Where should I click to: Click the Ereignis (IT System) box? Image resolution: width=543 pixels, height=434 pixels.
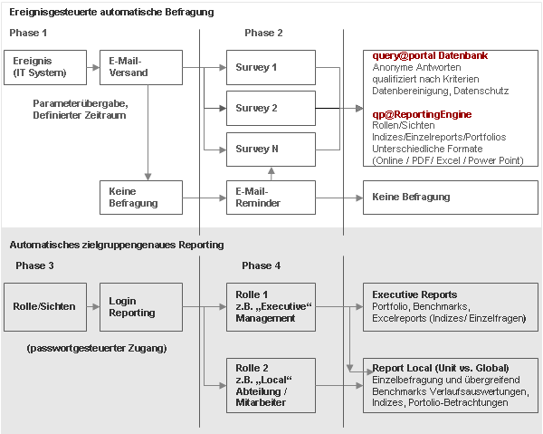[45, 67]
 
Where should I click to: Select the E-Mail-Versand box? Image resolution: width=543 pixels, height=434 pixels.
[141, 67]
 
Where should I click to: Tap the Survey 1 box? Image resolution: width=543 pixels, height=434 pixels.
[271, 67]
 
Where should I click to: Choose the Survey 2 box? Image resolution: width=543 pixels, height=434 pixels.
[271, 108]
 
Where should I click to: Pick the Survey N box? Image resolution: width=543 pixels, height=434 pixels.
[271, 149]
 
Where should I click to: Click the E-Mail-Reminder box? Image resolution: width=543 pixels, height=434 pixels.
[271, 198]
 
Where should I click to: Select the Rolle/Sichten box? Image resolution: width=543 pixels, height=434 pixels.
[45, 307]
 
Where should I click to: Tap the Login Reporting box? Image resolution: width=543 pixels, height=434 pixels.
[141, 307]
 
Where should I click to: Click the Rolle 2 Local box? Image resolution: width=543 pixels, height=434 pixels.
[271, 385]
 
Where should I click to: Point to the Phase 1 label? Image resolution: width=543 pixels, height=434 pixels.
[28, 33]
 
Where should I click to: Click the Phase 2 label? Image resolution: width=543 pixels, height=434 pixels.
[263, 33]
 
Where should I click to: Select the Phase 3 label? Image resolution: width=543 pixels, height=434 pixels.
[34, 265]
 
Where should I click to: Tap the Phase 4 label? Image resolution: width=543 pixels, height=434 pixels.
[262, 265]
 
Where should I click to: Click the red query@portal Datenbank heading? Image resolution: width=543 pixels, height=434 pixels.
[430, 55]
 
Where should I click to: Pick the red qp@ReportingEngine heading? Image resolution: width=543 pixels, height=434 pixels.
[422, 114]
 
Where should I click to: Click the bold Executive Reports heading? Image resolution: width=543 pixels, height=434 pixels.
[414, 294]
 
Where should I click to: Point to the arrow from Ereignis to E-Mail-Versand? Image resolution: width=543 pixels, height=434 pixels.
[93, 68]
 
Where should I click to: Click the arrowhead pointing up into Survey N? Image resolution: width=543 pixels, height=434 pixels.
[271, 171]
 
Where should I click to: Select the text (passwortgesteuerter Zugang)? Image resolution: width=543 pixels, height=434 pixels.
[97, 348]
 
